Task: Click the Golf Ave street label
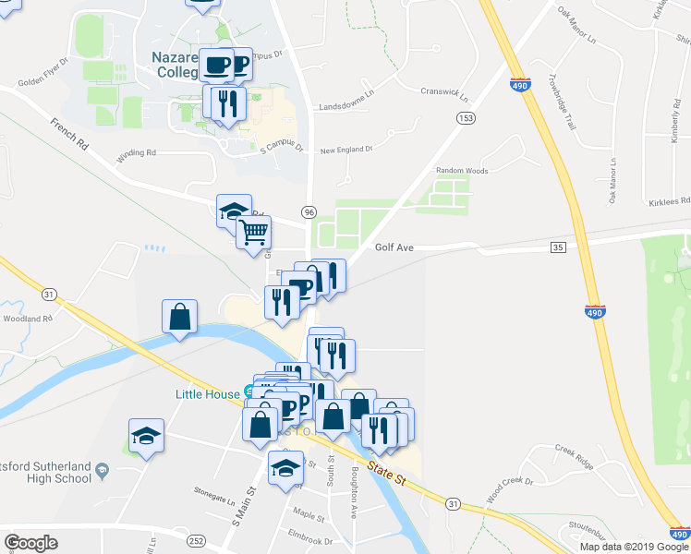click(394, 247)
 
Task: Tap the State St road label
click(387, 476)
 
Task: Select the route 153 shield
click(465, 118)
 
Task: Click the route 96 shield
click(309, 211)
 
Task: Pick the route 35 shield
click(557, 247)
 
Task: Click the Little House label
click(207, 393)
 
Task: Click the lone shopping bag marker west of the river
click(179, 317)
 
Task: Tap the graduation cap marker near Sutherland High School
click(146, 436)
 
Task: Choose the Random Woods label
click(462, 171)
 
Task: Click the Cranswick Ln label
click(444, 93)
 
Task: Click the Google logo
click(30, 543)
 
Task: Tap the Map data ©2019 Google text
click(634, 547)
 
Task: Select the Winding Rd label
click(136, 153)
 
